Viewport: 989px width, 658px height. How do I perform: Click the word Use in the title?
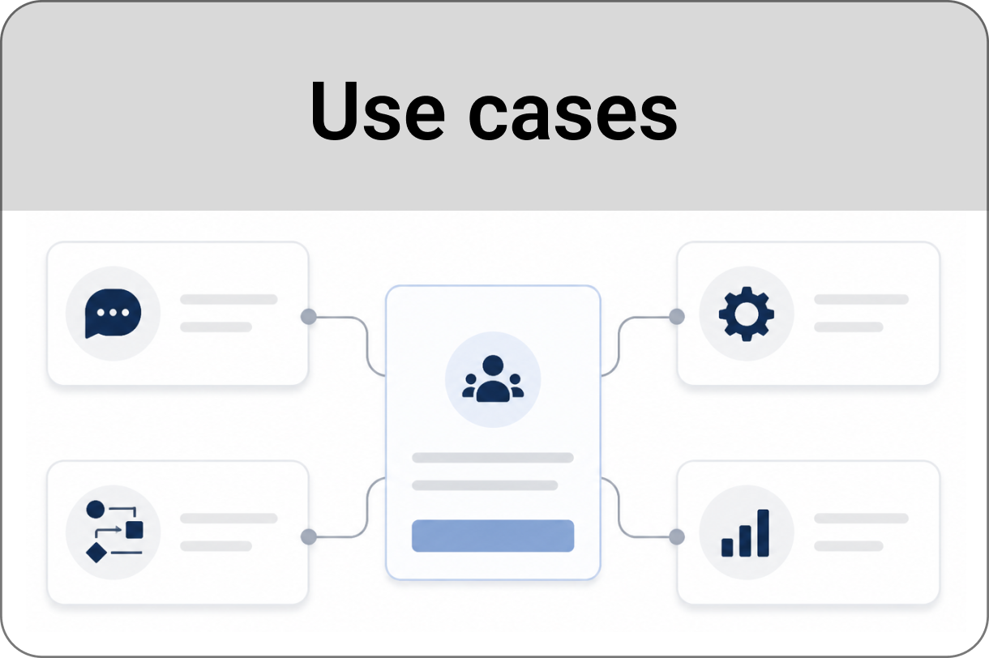[378, 111]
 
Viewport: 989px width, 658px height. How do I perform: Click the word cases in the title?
[572, 117]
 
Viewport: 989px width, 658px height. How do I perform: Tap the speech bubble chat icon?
[113, 314]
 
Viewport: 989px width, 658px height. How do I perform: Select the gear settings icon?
[746, 314]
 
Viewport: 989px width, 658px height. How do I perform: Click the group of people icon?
[493, 378]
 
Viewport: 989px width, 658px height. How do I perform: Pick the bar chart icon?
[745, 532]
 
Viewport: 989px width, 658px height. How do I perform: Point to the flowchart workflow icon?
[114, 532]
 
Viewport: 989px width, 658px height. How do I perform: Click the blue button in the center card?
[493, 536]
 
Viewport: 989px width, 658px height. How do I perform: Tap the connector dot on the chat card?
[309, 316]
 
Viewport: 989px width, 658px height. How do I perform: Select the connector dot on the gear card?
[677, 316]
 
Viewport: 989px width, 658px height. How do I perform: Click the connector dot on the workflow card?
[309, 536]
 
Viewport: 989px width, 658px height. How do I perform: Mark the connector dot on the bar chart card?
[677, 536]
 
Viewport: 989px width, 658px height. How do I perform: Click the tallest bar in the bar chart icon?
[764, 533]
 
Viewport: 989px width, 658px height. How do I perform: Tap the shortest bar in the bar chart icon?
[727, 547]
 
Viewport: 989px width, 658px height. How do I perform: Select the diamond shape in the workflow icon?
[96, 553]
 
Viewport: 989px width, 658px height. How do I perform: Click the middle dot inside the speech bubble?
[113, 313]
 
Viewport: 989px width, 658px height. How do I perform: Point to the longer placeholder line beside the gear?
[862, 299]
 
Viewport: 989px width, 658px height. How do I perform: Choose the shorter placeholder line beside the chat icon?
[216, 327]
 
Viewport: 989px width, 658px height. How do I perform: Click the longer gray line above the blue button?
[493, 458]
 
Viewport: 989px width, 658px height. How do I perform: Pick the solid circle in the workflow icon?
[96, 509]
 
